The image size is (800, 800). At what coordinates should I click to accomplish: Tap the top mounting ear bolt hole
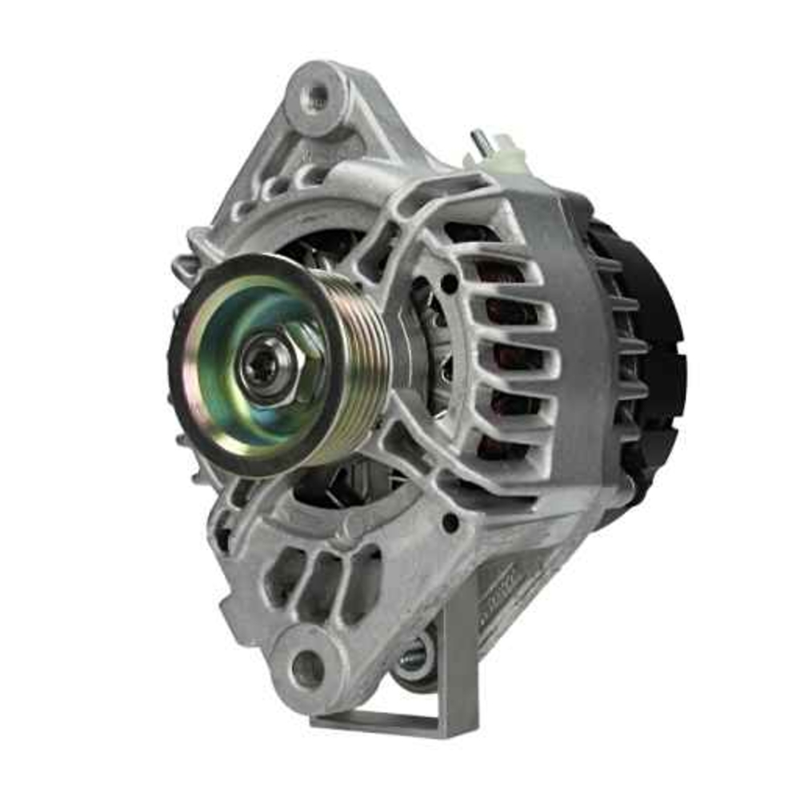click(318, 97)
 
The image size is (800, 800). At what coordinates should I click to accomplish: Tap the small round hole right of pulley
click(450, 282)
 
